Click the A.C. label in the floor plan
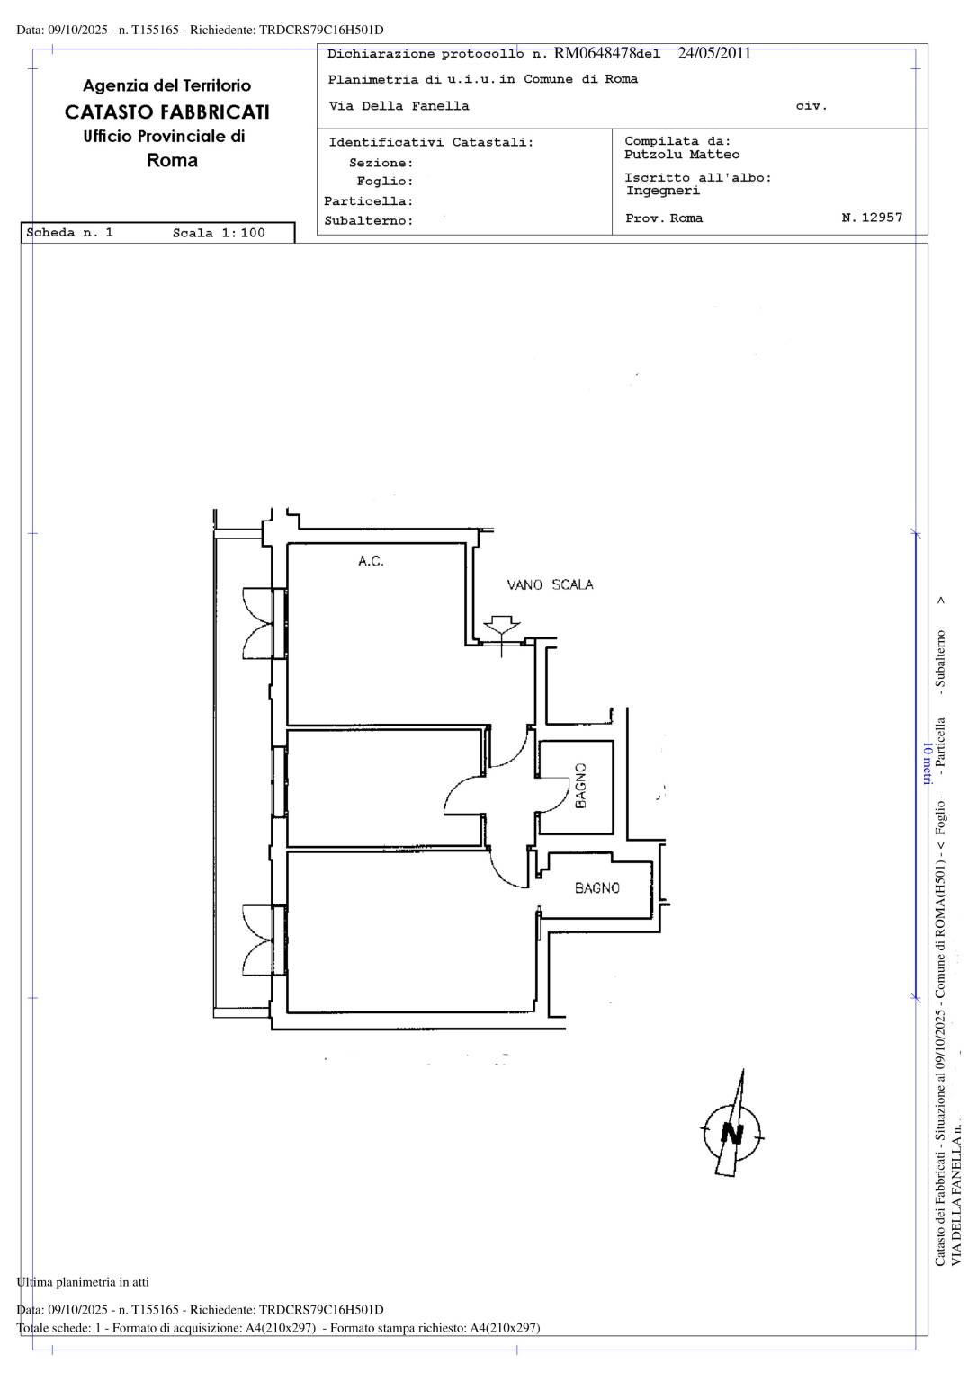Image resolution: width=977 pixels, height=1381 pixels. click(x=371, y=560)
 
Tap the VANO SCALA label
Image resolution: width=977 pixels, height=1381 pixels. click(x=551, y=584)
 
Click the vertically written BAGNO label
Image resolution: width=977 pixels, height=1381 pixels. click(x=580, y=786)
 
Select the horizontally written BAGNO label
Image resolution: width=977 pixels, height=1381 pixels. click(x=597, y=887)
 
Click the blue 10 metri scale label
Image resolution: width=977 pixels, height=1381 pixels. click(x=927, y=762)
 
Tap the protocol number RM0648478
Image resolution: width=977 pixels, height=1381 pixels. click(x=596, y=53)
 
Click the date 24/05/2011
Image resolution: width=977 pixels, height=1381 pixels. click(x=714, y=53)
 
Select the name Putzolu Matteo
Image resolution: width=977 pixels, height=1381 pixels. click(x=682, y=154)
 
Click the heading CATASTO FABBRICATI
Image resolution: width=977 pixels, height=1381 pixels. click(x=167, y=111)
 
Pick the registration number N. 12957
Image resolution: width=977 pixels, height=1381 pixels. click(x=872, y=217)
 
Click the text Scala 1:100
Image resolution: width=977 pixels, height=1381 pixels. click(x=219, y=233)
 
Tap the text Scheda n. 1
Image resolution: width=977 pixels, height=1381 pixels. click(x=69, y=233)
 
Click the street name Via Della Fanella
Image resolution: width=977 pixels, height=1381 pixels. click(x=399, y=106)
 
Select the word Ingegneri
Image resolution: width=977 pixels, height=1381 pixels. click(x=663, y=191)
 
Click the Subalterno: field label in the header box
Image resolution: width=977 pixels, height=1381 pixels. click(x=369, y=220)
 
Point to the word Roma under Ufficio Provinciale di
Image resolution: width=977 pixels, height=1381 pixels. click(x=172, y=161)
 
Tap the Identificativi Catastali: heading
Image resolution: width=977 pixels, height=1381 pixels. click(x=431, y=142)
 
